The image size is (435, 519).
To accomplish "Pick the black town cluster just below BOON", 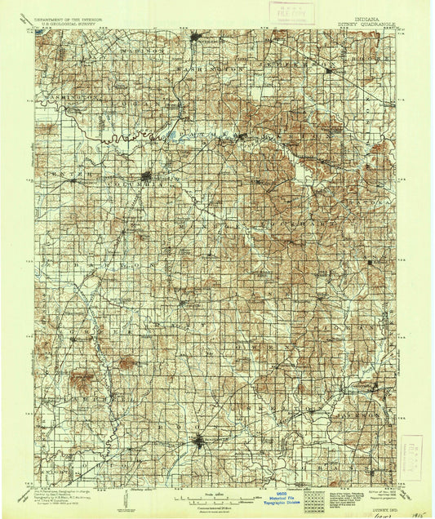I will tap(199, 443).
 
